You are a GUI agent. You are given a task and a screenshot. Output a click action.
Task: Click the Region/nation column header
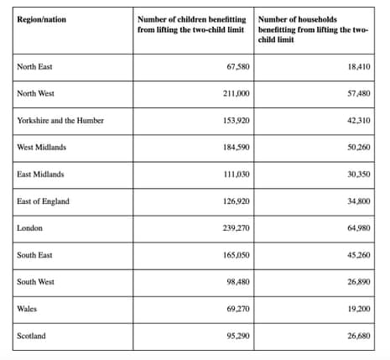click(42, 18)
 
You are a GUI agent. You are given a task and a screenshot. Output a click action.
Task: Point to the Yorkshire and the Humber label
click(60, 120)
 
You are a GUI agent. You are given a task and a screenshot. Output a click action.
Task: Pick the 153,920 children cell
click(232, 120)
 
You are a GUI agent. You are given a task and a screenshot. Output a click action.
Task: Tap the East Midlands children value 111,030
click(232, 174)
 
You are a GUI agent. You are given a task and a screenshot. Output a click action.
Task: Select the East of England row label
click(43, 201)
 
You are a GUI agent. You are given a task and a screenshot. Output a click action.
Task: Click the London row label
click(30, 228)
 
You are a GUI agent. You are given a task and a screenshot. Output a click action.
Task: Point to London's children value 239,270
click(232, 228)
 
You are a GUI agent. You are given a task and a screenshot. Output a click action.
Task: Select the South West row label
click(35, 282)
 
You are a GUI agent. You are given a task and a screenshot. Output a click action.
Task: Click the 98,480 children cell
click(234, 282)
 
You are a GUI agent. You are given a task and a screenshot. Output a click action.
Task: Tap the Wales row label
click(27, 309)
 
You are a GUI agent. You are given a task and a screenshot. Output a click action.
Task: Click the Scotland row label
click(31, 337)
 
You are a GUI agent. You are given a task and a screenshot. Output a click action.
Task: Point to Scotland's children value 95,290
click(234, 337)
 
